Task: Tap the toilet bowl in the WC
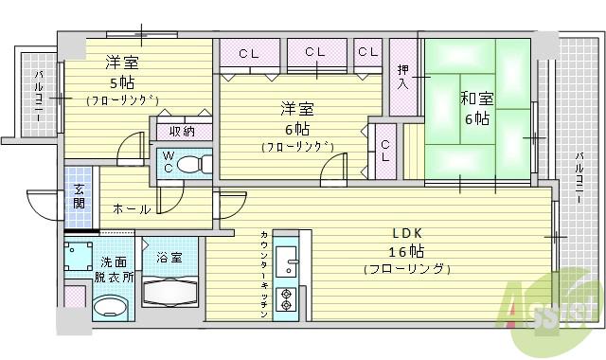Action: point(188,163)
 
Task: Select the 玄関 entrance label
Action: point(79,197)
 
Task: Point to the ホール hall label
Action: point(131,208)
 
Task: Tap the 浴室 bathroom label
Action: point(169,256)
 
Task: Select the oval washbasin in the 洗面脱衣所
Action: point(112,308)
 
